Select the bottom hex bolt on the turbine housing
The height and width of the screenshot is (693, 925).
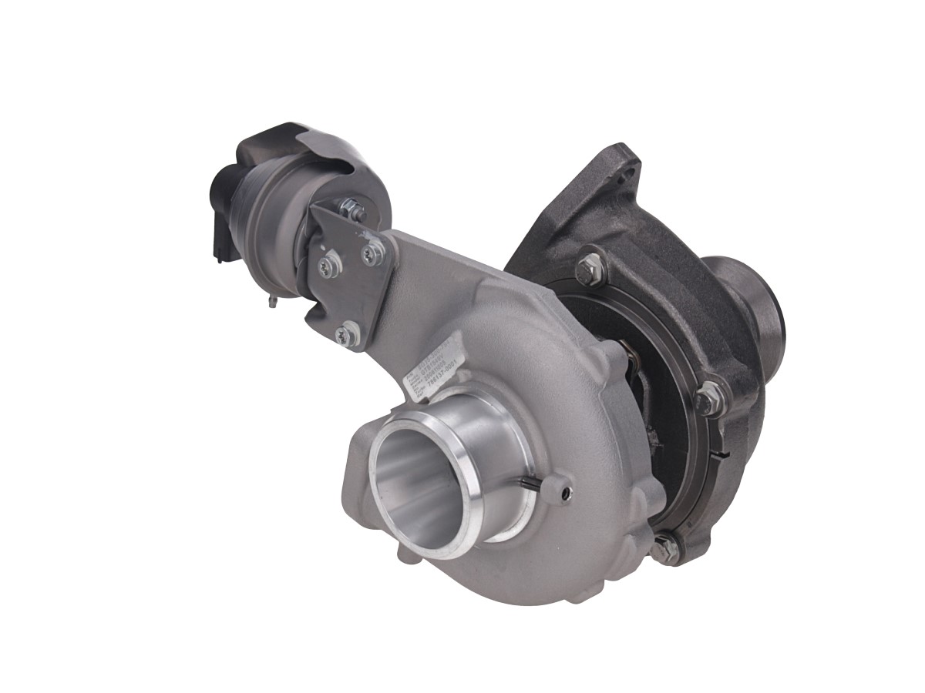tap(664, 548)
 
